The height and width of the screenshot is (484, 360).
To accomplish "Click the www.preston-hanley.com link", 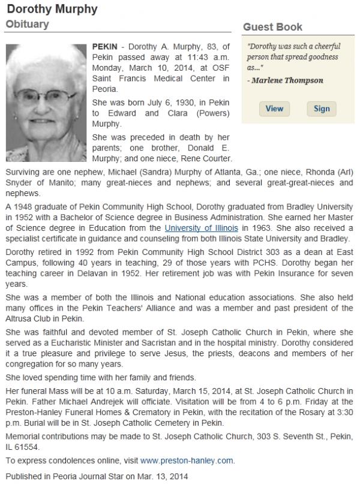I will point(187,461).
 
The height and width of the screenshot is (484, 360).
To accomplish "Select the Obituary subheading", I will point(28,24).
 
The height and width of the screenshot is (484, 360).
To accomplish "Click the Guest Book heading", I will point(272,27).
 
